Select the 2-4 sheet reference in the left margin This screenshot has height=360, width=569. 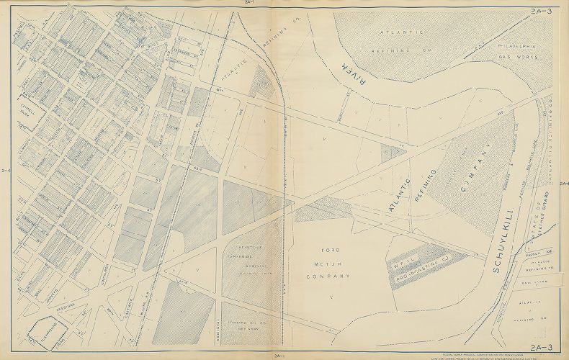[x=6, y=170]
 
